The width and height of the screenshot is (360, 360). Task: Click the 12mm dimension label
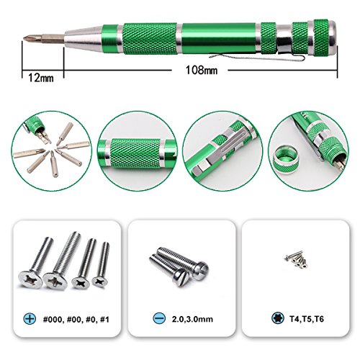41,78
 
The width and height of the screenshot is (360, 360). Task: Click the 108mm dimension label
202,71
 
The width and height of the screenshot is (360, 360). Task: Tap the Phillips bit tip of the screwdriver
29,38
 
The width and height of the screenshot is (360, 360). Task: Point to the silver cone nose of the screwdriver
84,38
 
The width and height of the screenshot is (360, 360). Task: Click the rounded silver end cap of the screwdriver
332,37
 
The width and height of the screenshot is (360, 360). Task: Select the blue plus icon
30,319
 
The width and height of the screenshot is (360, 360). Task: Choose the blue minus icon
159,318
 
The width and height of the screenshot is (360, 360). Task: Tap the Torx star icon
278,318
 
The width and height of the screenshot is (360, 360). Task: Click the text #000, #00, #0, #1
76,320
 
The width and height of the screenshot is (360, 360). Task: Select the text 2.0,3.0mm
192,319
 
